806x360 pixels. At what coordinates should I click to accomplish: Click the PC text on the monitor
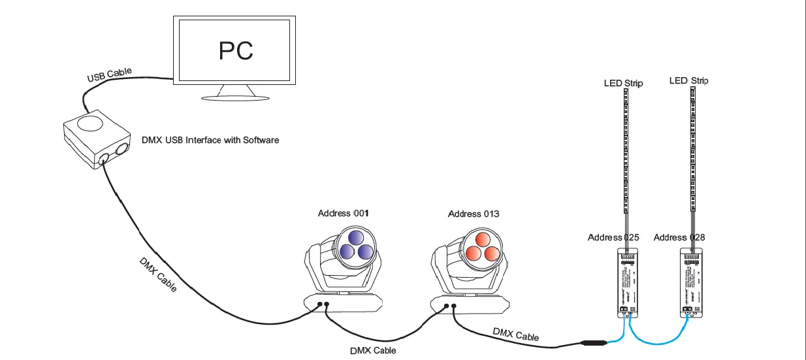coord(236,50)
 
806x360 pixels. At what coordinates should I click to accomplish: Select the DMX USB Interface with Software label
coord(210,140)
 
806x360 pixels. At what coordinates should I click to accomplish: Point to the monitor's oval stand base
coord(235,98)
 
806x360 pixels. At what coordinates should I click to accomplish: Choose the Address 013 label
coord(474,214)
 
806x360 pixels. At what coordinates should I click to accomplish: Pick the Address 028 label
coord(679,237)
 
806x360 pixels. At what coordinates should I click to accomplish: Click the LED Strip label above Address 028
coord(689,80)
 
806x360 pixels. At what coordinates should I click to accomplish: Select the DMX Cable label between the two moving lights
coord(372,350)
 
